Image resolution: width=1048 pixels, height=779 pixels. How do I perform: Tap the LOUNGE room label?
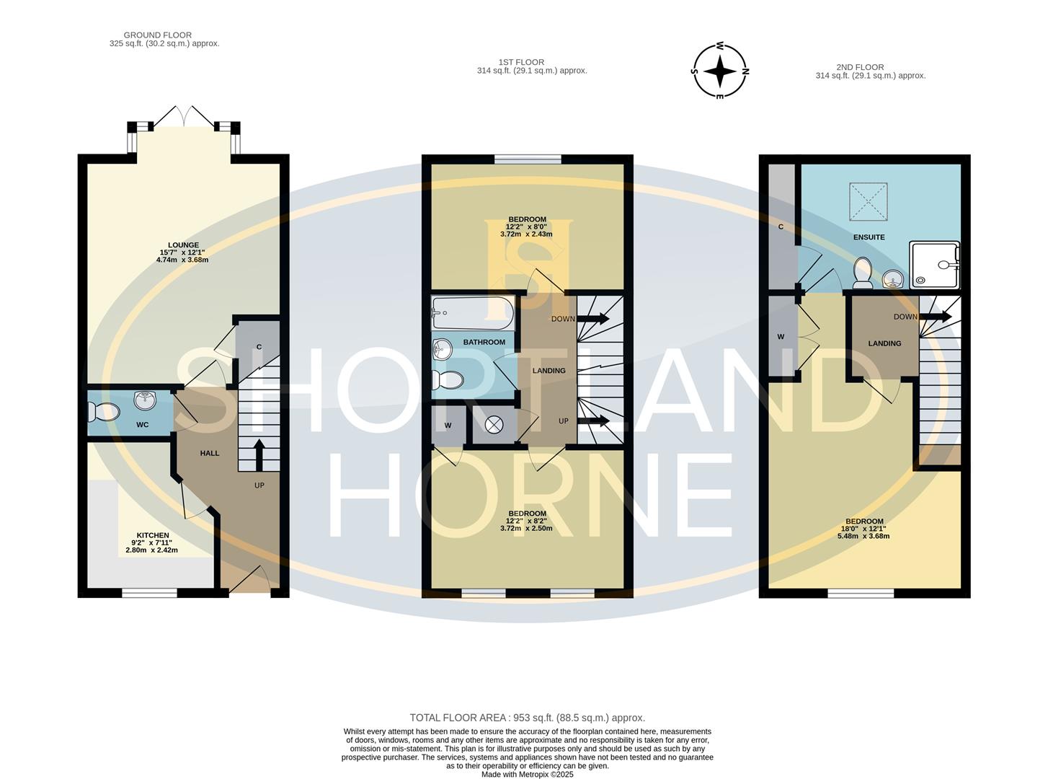[x=183, y=245]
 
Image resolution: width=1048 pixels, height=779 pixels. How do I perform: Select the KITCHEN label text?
[x=153, y=535]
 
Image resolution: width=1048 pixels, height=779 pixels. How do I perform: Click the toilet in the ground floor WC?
[x=104, y=411]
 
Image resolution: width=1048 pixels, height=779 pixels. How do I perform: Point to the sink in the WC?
[x=145, y=400]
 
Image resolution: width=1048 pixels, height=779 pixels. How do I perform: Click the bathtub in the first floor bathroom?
[x=473, y=313]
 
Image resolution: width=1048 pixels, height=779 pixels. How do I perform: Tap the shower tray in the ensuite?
[x=935, y=265]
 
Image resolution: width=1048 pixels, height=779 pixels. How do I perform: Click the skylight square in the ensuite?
[x=869, y=201]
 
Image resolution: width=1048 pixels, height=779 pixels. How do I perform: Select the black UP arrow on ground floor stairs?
[x=259, y=455]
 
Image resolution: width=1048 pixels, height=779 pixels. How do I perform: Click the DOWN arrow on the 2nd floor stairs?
[x=935, y=317]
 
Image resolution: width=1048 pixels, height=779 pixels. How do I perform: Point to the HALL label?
[x=209, y=453]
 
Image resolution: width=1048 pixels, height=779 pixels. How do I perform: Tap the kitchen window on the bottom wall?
[x=149, y=592]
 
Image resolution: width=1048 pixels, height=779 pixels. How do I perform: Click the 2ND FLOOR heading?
[x=860, y=67]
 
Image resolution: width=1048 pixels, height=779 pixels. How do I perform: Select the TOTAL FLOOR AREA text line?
[x=527, y=718]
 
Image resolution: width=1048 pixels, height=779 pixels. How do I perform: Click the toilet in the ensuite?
[x=863, y=273]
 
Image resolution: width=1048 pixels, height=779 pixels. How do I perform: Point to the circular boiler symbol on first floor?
[x=494, y=424]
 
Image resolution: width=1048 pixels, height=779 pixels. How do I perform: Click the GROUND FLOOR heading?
[x=157, y=35]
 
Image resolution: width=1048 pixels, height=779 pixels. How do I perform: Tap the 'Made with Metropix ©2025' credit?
[x=528, y=774]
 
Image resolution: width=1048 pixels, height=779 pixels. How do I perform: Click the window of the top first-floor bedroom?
[x=528, y=159]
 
